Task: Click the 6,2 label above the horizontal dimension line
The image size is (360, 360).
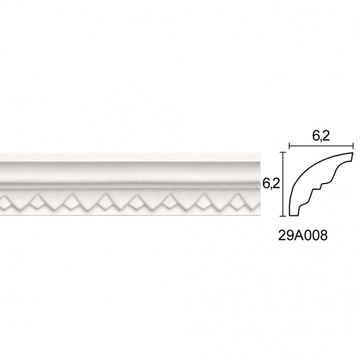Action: (x=321, y=136)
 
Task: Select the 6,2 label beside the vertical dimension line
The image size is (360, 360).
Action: (x=270, y=184)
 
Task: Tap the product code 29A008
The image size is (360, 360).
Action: (x=303, y=236)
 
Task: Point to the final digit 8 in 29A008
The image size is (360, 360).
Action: (x=324, y=236)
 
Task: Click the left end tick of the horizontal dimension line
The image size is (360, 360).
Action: (x=289, y=146)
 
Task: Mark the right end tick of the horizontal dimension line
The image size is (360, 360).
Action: (x=353, y=146)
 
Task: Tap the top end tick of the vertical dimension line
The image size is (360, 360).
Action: (x=283, y=152)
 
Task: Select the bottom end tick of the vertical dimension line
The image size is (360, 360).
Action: (x=283, y=216)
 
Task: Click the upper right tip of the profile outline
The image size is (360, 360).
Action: (x=352, y=153)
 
